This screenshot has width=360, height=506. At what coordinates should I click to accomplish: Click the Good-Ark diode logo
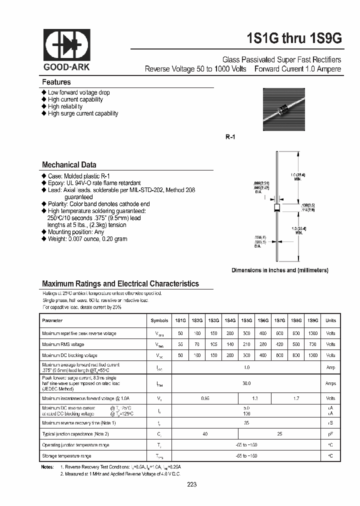point(66,45)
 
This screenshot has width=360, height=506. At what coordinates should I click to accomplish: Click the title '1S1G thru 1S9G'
point(287,38)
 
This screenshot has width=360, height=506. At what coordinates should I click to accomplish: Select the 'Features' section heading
point(56,82)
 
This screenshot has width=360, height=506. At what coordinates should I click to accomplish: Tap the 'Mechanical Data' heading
point(69,164)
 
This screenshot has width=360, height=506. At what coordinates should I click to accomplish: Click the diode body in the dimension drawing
point(276,206)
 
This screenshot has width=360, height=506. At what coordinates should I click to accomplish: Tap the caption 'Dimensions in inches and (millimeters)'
point(279,270)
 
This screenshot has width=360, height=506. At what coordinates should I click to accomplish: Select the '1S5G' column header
point(246,320)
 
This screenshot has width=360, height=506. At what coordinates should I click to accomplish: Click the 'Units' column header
point(330,320)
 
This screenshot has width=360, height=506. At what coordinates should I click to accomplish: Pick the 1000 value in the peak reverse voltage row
point(312,332)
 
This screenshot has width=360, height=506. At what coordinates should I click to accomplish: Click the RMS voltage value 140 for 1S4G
point(230,344)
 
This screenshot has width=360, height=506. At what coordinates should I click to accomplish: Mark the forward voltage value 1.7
point(296,398)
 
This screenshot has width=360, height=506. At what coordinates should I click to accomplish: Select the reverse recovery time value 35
point(246,422)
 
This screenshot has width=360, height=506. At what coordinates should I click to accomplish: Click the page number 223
point(192,484)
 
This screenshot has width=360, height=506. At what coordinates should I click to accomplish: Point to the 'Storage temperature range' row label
point(66,456)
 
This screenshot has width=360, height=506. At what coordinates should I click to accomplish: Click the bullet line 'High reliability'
point(65,106)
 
